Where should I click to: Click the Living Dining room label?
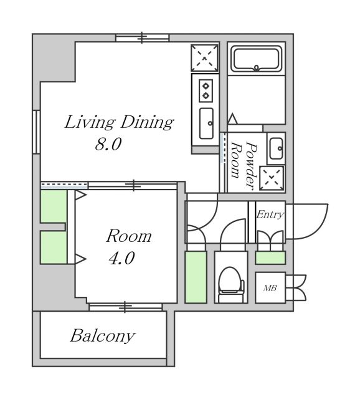pos(119,123)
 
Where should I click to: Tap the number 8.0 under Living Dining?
pos(108,144)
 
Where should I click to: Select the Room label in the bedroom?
pos(129,236)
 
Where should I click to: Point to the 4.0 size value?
pos(122,258)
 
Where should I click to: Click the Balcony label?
pos(103,336)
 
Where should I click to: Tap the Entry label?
pos(270,214)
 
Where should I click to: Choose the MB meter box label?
pos(270,288)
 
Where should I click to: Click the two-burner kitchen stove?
pos(206,91)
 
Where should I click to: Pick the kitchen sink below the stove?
pos(206,123)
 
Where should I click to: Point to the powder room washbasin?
pos(276,148)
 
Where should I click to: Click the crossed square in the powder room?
pos(272,178)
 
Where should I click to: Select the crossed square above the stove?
pos(205,58)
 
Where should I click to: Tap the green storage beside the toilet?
pos(196,277)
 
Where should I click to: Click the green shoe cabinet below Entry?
pos(270,257)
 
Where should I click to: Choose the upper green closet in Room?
pos(54,206)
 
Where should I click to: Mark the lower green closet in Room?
pos(54,247)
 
